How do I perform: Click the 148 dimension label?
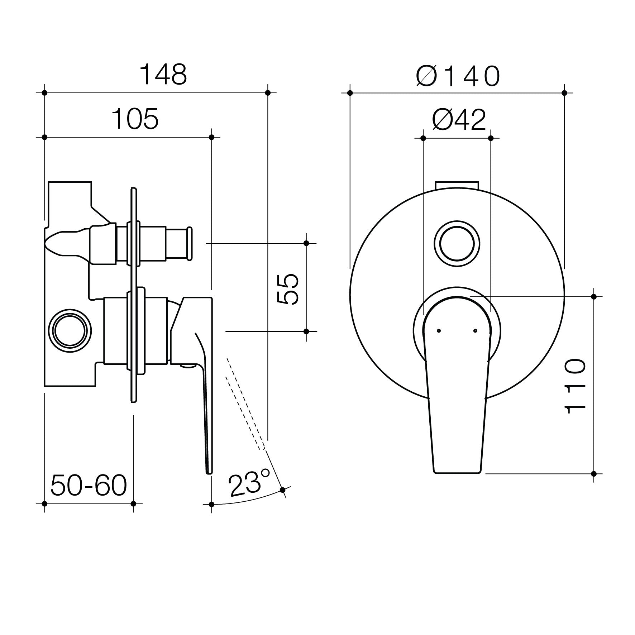pos(163,75)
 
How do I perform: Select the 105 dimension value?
pos(135,119)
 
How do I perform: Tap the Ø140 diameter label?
pos(458,76)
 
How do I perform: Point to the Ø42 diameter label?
pos(459,120)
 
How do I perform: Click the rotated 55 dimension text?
pos(287,289)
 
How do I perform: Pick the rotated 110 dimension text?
pos(575,386)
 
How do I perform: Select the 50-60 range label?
pos(89,486)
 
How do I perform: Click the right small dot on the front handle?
pos(475,330)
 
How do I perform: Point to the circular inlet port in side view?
pos(70,330)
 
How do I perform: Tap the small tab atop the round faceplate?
pos(457,185)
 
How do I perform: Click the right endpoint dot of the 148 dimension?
pos(268,93)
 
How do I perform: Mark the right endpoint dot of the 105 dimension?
pos(211,137)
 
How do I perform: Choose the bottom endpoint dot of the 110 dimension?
pos(594,473)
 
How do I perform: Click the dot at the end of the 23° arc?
pos(282,490)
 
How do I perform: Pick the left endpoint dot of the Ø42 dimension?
pos(423,138)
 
